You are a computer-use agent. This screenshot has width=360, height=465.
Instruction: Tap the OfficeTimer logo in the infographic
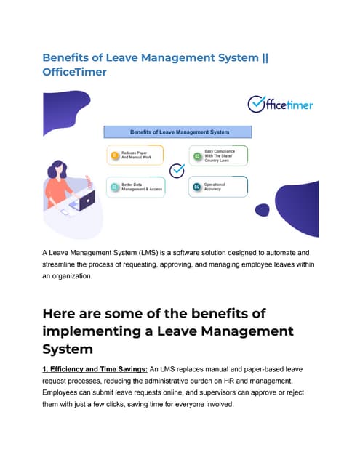tap(279, 105)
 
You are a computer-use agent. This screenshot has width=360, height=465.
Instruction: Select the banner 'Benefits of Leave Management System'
tap(179, 132)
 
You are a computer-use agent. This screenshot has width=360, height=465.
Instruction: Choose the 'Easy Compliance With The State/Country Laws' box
tap(219, 155)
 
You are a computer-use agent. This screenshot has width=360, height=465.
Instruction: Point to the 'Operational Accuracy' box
tap(219, 187)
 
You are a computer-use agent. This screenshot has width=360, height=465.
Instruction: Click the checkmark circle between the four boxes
tap(177, 171)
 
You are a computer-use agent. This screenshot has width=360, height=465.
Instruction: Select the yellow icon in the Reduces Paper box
tap(114, 155)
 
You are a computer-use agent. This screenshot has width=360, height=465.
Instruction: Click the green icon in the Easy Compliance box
tap(196, 155)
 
